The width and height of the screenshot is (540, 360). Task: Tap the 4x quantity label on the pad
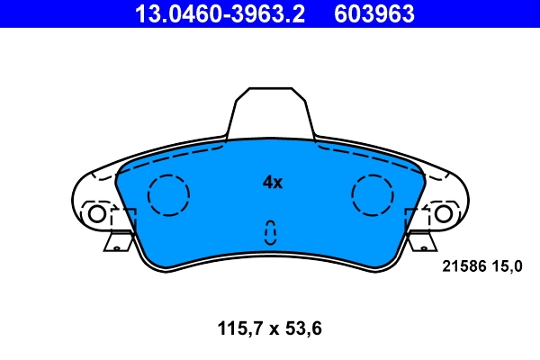272,183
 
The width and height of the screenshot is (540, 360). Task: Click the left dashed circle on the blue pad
167,194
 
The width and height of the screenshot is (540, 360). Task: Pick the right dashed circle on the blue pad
373,194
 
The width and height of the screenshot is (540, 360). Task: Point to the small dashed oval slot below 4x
269,232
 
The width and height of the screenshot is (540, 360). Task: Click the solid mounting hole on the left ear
95,214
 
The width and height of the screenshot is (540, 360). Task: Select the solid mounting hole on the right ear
443,214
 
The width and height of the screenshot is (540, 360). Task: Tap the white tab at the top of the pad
270,112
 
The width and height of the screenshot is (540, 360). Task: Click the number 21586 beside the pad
463,265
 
